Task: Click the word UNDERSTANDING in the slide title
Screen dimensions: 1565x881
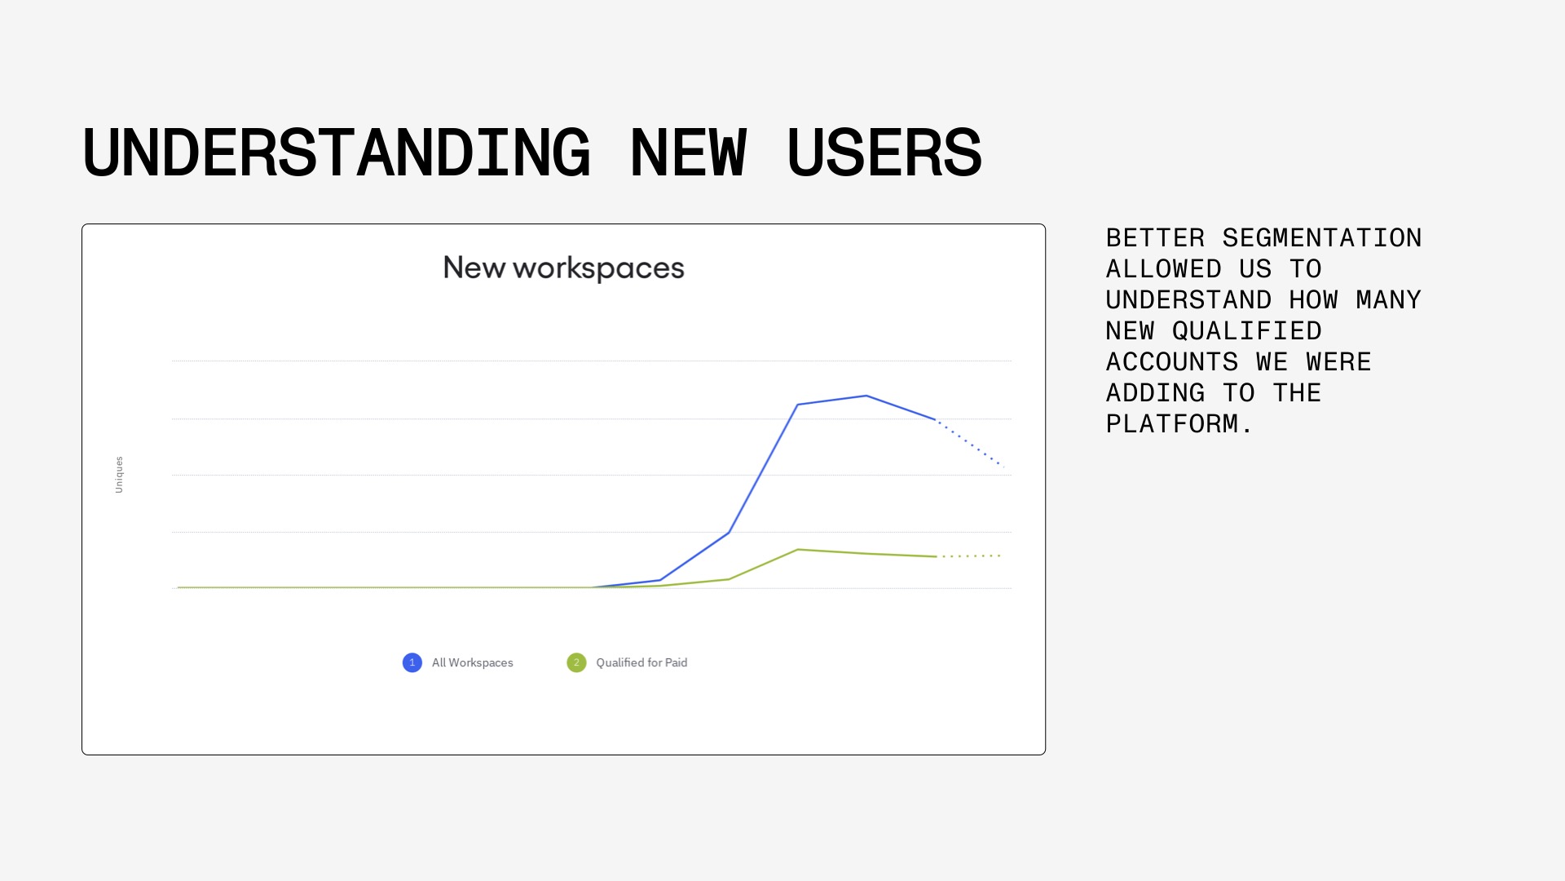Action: click(337, 153)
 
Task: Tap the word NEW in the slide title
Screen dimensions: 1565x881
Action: click(688, 153)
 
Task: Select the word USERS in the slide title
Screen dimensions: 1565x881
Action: click(884, 153)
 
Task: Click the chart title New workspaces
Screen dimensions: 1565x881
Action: click(563, 268)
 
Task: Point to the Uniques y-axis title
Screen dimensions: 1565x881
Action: click(119, 474)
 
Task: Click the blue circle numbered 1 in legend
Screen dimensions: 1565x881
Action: click(412, 662)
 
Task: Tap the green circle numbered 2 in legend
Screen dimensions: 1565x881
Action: click(576, 662)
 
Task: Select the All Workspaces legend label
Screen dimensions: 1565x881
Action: click(473, 662)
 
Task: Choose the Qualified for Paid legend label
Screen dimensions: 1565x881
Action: click(641, 662)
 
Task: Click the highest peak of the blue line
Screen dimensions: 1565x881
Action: click(866, 396)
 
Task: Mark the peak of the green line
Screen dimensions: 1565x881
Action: click(798, 550)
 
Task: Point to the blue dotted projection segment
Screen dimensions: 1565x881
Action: click(970, 443)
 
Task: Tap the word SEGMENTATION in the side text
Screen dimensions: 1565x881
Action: click(1322, 238)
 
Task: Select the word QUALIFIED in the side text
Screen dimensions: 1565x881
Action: click(1247, 331)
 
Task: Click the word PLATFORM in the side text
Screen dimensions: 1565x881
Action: click(1171, 424)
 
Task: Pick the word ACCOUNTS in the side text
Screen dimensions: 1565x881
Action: click(1172, 362)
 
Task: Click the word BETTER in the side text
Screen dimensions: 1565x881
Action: click(1155, 238)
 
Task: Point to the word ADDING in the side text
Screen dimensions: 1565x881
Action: click(1155, 393)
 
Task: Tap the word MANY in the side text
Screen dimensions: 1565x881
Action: click(1388, 300)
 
